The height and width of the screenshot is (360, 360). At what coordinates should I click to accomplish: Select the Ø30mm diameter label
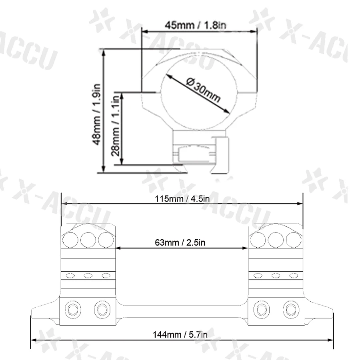point(204,91)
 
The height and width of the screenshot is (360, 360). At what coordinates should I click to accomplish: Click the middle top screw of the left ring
point(88,240)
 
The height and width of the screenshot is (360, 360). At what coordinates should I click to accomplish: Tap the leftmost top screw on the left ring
point(70,240)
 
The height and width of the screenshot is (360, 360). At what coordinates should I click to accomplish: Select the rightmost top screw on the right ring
point(294,240)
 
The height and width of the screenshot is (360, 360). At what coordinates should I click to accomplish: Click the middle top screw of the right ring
point(276,240)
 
